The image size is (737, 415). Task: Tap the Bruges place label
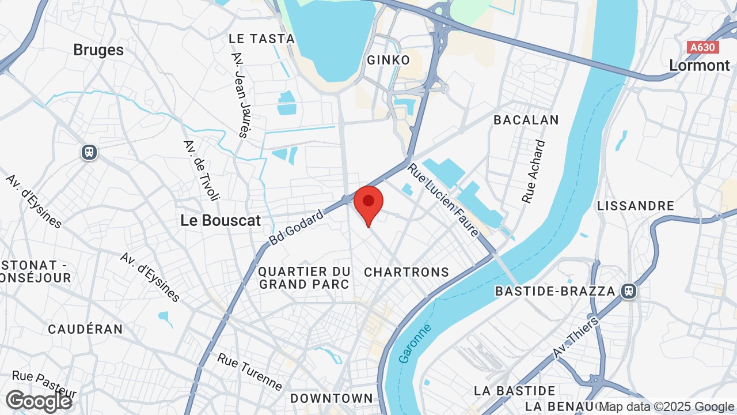pyautogui.click(x=98, y=50)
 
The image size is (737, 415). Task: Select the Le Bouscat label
pyautogui.click(x=221, y=220)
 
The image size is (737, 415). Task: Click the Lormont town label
pyautogui.click(x=700, y=65)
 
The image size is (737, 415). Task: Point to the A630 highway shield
pyautogui.click(x=703, y=47)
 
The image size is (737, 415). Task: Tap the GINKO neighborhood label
pyautogui.click(x=389, y=60)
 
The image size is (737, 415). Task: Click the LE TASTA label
pyautogui.click(x=261, y=39)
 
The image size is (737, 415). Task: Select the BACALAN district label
pyautogui.click(x=526, y=120)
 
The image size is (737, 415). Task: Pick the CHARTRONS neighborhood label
pyautogui.click(x=407, y=272)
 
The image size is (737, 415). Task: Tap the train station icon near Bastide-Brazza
pyautogui.click(x=629, y=291)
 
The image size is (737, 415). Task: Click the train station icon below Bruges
pyautogui.click(x=89, y=152)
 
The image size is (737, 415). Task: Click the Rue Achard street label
pyautogui.click(x=533, y=171)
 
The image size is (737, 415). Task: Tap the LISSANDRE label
pyautogui.click(x=636, y=206)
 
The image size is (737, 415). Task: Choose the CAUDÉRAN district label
pyautogui.click(x=85, y=329)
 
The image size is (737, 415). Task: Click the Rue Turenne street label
pyautogui.click(x=250, y=372)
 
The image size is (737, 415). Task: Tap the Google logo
pyautogui.click(x=39, y=401)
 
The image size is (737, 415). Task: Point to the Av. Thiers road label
pyautogui.click(x=576, y=337)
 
